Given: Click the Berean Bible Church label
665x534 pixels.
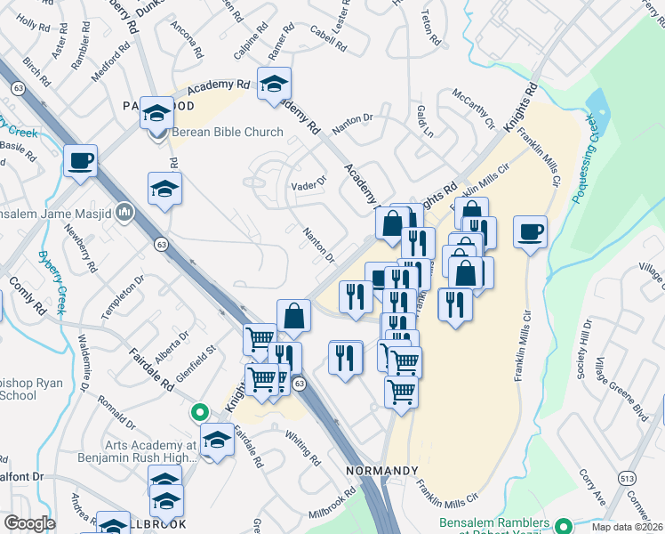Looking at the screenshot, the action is [x=227, y=133].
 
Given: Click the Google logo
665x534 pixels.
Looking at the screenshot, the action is [x=28, y=523].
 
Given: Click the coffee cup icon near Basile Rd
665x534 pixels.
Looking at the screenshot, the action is [x=80, y=161].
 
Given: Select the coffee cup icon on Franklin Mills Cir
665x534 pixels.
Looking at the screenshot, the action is [x=530, y=231].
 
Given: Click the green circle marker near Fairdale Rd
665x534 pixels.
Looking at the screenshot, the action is [x=200, y=413].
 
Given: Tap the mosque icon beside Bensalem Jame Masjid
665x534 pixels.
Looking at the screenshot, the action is [x=124, y=214].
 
